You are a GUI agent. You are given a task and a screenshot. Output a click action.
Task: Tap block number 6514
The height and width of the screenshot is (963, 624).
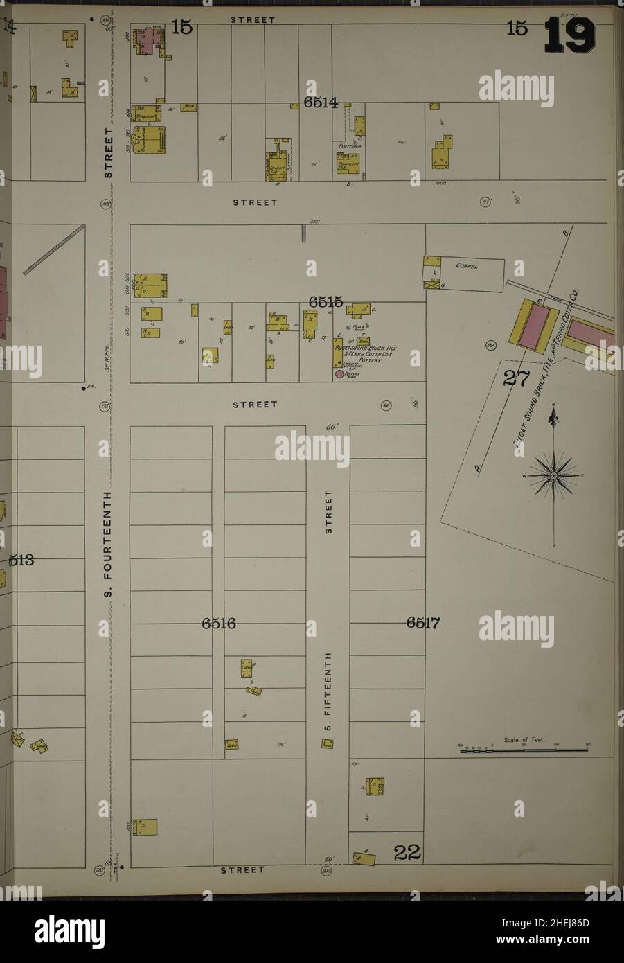tap(320, 103)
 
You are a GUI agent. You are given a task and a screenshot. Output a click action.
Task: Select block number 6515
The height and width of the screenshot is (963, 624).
tap(326, 301)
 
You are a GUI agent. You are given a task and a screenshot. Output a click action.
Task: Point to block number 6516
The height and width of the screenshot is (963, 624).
tap(219, 624)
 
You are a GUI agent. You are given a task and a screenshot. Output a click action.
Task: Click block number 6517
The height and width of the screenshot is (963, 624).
tap(423, 623)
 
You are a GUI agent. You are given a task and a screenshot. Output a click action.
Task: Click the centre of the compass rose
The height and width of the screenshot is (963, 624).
tap(554, 477)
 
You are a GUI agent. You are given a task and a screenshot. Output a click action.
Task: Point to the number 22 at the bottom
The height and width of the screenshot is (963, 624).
tap(407, 854)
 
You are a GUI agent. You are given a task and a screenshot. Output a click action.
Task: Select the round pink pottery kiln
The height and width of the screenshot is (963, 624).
tap(339, 374)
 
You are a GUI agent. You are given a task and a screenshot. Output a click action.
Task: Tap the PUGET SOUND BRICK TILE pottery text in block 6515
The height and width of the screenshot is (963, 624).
tap(370, 352)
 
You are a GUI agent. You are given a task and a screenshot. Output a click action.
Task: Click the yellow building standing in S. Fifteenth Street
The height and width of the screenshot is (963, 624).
tap(327, 743)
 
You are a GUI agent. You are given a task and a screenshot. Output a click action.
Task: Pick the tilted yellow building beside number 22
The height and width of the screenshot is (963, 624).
tap(364, 858)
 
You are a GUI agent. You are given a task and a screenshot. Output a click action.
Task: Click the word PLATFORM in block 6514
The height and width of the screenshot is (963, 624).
tap(346, 147)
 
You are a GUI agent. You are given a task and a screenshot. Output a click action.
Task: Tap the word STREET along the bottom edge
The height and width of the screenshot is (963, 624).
tap(243, 869)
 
